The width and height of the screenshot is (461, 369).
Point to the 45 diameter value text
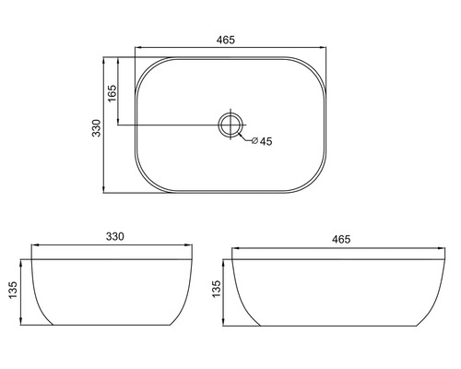[x=266, y=141]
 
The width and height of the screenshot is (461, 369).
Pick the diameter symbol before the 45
[x=254, y=141]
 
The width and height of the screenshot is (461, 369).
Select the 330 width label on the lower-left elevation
[x=113, y=237]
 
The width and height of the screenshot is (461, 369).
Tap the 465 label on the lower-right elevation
[x=339, y=239]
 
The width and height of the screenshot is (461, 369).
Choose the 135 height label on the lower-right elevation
[x=216, y=291]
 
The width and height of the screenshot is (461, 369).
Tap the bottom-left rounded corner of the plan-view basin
[x=147, y=182]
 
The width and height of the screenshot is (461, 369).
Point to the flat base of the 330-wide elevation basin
[x=113, y=325]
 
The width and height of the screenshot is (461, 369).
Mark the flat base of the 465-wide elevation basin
[x=339, y=325]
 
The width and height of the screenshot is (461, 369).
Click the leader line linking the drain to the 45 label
[x=242, y=137]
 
